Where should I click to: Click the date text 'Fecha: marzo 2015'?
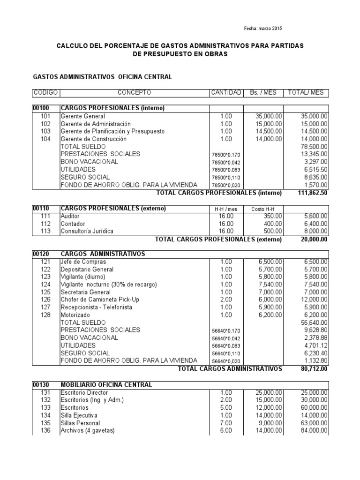[x=263, y=29]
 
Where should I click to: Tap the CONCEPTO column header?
[x=134, y=92]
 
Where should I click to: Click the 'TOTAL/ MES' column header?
[x=307, y=92]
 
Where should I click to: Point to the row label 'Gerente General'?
[x=83, y=116]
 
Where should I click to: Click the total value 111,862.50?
[x=313, y=193]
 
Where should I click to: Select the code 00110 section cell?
[x=41, y=208]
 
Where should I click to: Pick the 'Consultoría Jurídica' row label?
[x=87, y=231]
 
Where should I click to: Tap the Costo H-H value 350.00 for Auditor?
[x=272, y=216]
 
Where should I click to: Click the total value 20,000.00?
[x=314, y=239]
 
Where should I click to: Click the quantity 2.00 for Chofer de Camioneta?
[x=226, y=300]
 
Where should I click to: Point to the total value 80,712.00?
[x=314, y=369]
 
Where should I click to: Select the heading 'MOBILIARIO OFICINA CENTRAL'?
[x=106, y=385]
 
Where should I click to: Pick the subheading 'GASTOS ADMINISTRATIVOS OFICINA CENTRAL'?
[x=102, y=76]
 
